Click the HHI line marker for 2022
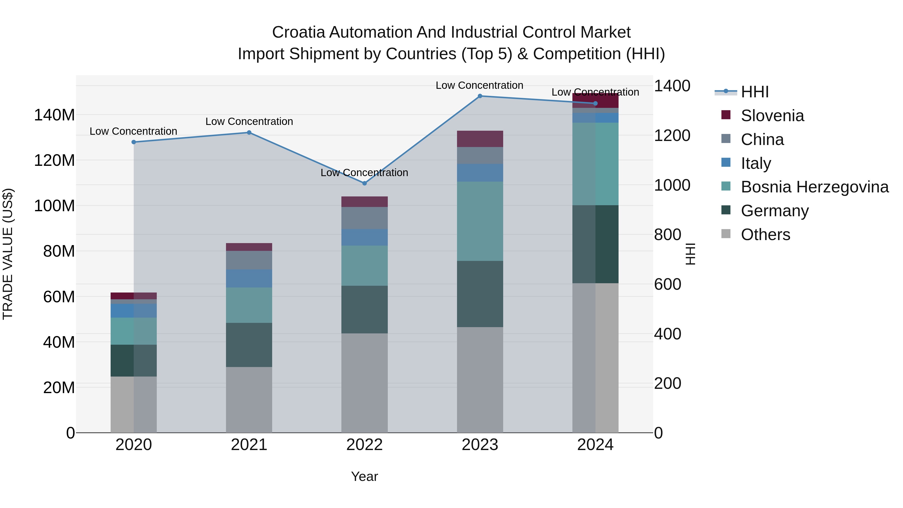click(x=364, y=183)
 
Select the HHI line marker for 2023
click(x=480, y=96)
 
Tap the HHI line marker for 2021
click(x=249, y=132)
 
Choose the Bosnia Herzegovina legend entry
click(x=814, y=187)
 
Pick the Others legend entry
click(x=765, y=235)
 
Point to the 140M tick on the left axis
click(x=54, y=115)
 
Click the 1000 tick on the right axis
click(x=672, y=185)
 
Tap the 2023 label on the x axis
click(x=480, y=445)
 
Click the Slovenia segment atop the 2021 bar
click(x=249, y=247)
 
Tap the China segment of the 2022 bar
click(x=364, y=218)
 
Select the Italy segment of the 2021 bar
click(x=249, y=278)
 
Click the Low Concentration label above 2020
click(x=133, y=131)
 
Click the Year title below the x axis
click(x=364, y=476)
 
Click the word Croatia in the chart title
click(x=298, y=32)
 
